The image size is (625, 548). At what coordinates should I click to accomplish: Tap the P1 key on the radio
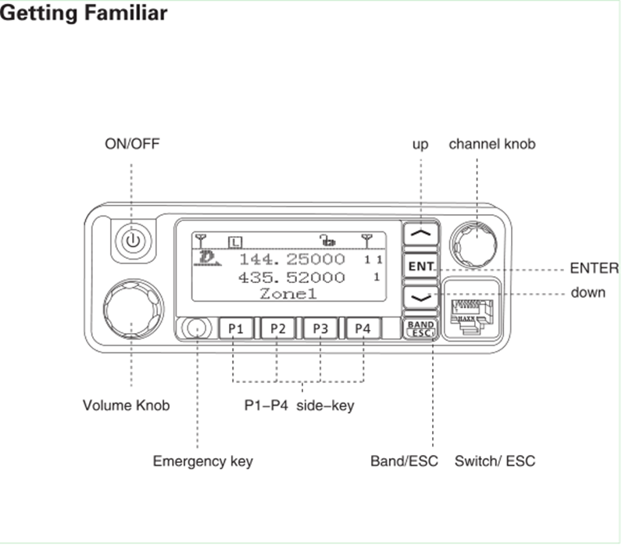(236, 328)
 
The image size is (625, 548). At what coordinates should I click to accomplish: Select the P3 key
(320, 328)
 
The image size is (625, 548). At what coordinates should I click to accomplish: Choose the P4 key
(362, 328)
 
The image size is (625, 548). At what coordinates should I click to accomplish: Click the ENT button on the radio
(420, 267)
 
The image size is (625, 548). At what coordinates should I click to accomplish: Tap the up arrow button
(420, 233)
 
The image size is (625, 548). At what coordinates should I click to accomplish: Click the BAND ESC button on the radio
(420, 328)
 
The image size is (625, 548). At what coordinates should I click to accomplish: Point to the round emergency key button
(197, 328)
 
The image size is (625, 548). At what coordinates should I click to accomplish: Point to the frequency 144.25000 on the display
(291, 259)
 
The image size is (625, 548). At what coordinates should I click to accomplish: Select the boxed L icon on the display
(235, 239)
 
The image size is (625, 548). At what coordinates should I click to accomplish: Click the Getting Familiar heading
(84, 13)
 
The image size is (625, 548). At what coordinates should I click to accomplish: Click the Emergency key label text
(202, 461)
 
